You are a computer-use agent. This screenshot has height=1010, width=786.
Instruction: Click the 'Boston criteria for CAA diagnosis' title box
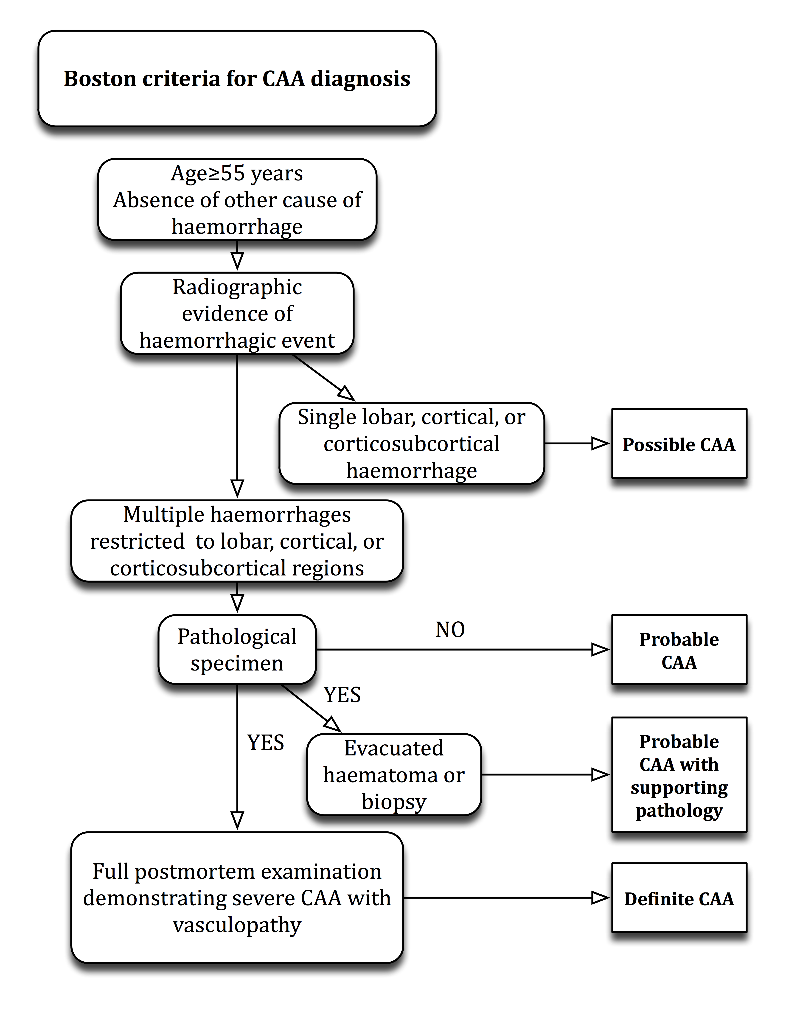237,79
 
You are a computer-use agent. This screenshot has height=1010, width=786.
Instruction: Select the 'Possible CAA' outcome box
679,443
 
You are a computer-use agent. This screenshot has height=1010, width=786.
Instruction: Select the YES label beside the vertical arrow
265,743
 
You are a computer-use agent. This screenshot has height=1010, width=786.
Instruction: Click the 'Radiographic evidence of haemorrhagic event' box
237,314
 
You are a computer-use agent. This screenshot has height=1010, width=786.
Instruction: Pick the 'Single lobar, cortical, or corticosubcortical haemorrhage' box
412,443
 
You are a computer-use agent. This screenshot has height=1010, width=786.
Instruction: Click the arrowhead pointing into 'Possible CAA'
601,443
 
